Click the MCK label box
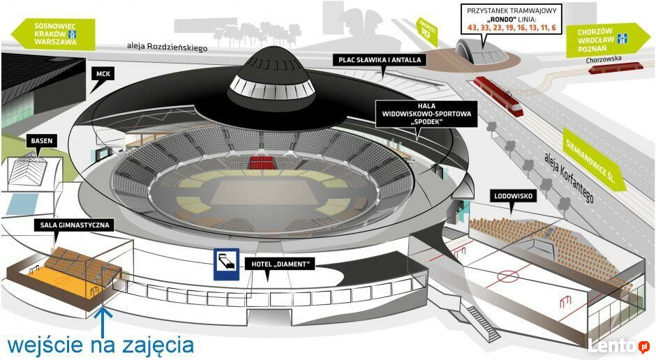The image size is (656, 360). pos(103,74)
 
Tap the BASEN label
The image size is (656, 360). pos(41,141)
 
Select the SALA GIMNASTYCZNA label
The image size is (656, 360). pos(75,225)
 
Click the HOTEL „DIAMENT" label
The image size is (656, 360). pos(280,264)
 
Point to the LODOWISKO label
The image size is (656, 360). pos(513,196)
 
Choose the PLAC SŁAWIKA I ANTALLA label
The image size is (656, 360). pos(380,60)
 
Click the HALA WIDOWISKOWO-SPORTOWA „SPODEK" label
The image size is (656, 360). pos(426,114)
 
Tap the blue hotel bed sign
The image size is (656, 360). pos(226,264)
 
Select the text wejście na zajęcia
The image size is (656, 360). pos(100,346)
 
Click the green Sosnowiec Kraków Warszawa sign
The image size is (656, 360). pos(53,34)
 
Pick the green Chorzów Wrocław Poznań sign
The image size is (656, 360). pos(607,40)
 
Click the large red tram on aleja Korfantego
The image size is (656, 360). pos(498,96)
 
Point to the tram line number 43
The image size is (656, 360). pos(472,28)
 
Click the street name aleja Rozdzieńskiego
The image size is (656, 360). pos(167,47)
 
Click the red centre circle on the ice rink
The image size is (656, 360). pos(508,276)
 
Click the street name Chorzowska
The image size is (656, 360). pos(604,59)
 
